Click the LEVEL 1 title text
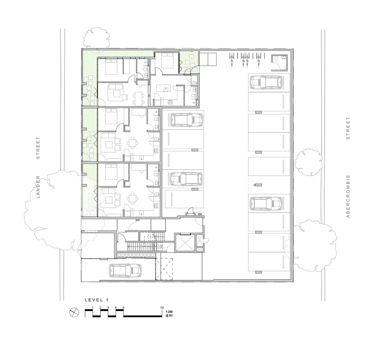[97, 300]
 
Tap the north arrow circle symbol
[74, 312]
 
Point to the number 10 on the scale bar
[162, 307]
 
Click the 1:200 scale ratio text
[169, 312]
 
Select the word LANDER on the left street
[38, 187]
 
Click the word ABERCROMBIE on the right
[348, 196]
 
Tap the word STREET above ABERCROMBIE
[348, 128]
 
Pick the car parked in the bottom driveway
[125, 270]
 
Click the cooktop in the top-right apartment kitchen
[170, 102]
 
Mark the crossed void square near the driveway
[164, 269]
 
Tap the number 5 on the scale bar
[123, 307]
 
